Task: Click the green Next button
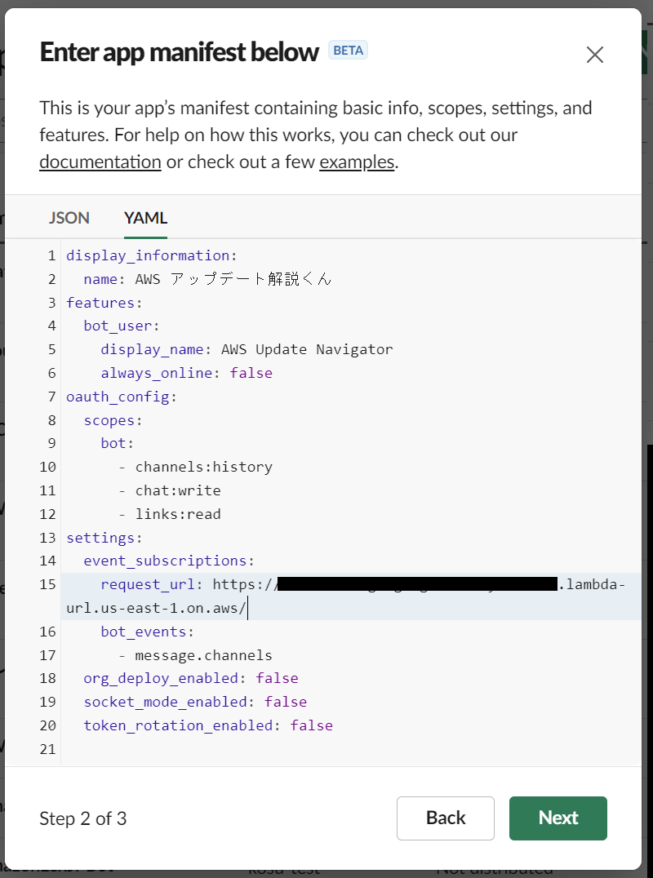coord(557,818)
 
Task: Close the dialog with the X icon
coord(595,55)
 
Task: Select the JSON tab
coord(69,218)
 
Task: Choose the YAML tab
coord(145,218)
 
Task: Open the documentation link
coord(100,162)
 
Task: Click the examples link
coord(357,162)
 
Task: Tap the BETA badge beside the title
coord(348,51)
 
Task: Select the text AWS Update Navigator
coord(307,349)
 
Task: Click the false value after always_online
coord(251,373)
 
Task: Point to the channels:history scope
coord(203,467)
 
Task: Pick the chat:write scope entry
coord(178,490)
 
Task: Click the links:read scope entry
coord(178,514)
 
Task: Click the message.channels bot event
coord(203,655)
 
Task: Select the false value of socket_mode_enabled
coord(286,702)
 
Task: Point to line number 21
coord(47,749)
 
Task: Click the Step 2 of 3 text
coord(83,818)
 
